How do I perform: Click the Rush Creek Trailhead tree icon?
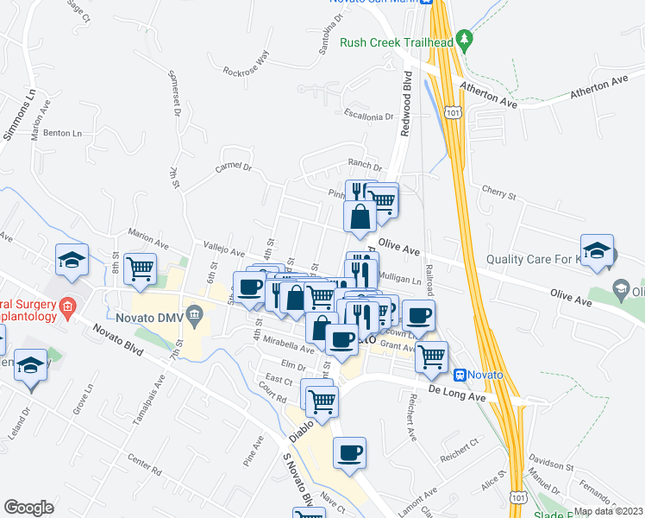tap(465, 39)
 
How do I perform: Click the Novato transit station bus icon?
tap(460, 375)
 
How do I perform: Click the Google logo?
tap(28, 507)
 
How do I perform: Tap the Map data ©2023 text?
tap(607, 511)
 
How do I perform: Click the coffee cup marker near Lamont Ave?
tap(349, 452)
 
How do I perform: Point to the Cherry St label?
tap(498, 196)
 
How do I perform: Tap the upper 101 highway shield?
tap(452, 111)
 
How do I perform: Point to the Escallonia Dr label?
tap(368, 115)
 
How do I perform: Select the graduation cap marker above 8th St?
tap(72, 259)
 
